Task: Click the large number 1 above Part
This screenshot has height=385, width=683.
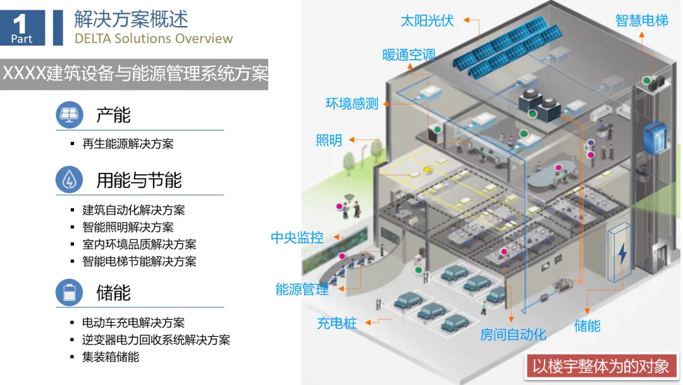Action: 20,23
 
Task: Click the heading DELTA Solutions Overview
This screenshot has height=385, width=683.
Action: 154,38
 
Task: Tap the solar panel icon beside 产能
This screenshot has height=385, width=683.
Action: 69,115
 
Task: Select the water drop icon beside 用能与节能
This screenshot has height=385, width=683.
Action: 69,180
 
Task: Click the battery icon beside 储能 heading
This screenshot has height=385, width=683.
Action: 69,293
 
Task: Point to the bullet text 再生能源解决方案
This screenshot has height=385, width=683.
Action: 128,144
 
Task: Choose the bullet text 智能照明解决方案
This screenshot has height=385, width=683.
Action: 128,227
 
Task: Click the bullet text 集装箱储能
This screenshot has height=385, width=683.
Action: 111,357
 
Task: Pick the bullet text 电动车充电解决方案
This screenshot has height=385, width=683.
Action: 133,323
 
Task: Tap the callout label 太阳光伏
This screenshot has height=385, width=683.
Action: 428,20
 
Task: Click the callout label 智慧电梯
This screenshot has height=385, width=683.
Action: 641,20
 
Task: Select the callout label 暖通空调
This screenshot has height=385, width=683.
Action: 409,54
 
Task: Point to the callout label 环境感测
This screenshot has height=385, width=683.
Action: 352,103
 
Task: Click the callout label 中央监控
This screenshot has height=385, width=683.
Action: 297,237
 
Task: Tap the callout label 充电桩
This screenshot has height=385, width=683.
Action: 337,323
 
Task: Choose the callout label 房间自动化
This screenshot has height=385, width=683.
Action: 513,334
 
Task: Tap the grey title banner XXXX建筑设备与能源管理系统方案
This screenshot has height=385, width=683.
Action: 134,73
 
